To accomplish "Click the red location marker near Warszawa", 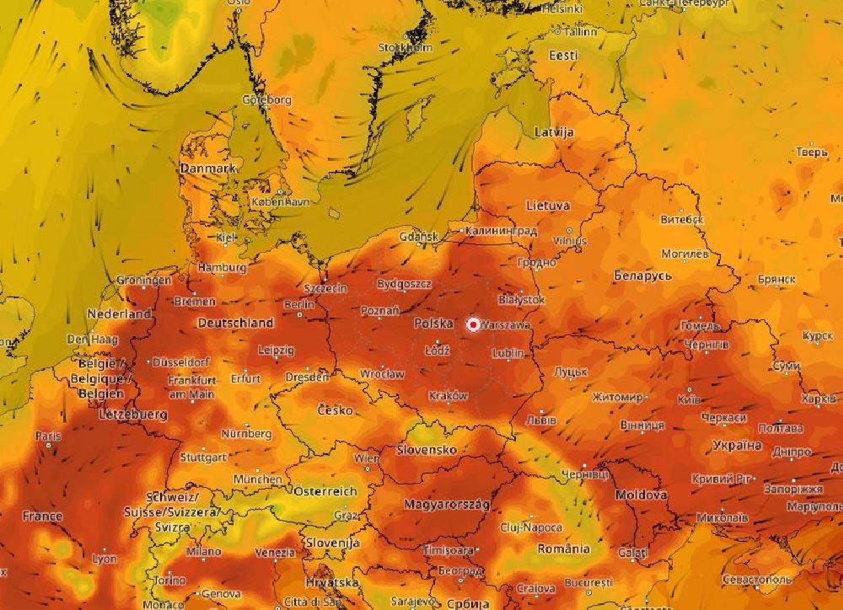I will (474, 324).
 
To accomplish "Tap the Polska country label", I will (433, 324).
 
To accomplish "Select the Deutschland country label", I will (235, 323).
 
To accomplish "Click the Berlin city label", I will (299, 304).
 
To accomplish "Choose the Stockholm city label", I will (405, 48).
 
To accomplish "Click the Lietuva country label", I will (548, 206).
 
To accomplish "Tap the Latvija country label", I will (554, 132).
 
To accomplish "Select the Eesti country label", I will (563, 56).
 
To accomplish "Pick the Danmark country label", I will (207, 169).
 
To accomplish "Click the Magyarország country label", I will (447, 504).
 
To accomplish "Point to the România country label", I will (563, 548).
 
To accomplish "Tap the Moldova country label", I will (642, 495).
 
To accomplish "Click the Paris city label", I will (49, 436).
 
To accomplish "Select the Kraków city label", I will (448, 395).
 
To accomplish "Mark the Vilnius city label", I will (569, 241).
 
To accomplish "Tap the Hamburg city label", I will (221, 268).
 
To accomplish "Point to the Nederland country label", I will (119, 313).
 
